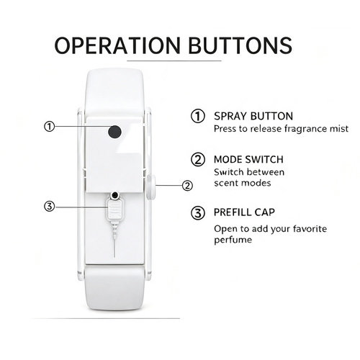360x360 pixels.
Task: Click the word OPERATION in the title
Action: [117, 45]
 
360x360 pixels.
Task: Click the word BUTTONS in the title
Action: [240, 45]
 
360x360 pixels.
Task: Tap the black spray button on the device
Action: [114, 132]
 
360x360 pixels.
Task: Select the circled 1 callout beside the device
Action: [50, 126]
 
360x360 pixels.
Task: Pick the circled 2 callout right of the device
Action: [187, 186]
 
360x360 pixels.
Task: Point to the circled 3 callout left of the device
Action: [50, 206]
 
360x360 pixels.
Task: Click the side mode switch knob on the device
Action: [151, 187]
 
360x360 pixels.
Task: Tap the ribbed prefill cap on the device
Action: [115, 209]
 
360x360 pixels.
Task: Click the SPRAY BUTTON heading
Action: [253, 116]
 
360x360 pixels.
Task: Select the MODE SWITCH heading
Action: [248, 160]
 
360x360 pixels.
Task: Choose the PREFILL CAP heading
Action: [244, 212]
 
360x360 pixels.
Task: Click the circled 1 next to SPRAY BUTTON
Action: [198, 116]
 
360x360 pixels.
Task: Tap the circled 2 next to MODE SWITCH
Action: [198, 160]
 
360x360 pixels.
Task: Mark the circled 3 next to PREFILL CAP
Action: [198, 213]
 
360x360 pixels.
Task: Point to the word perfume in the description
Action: [233, 240]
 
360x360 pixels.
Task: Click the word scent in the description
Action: [226, 184]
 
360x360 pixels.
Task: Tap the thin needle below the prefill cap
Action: [115, 243]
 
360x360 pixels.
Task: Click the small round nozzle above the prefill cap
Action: [115, 194]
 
